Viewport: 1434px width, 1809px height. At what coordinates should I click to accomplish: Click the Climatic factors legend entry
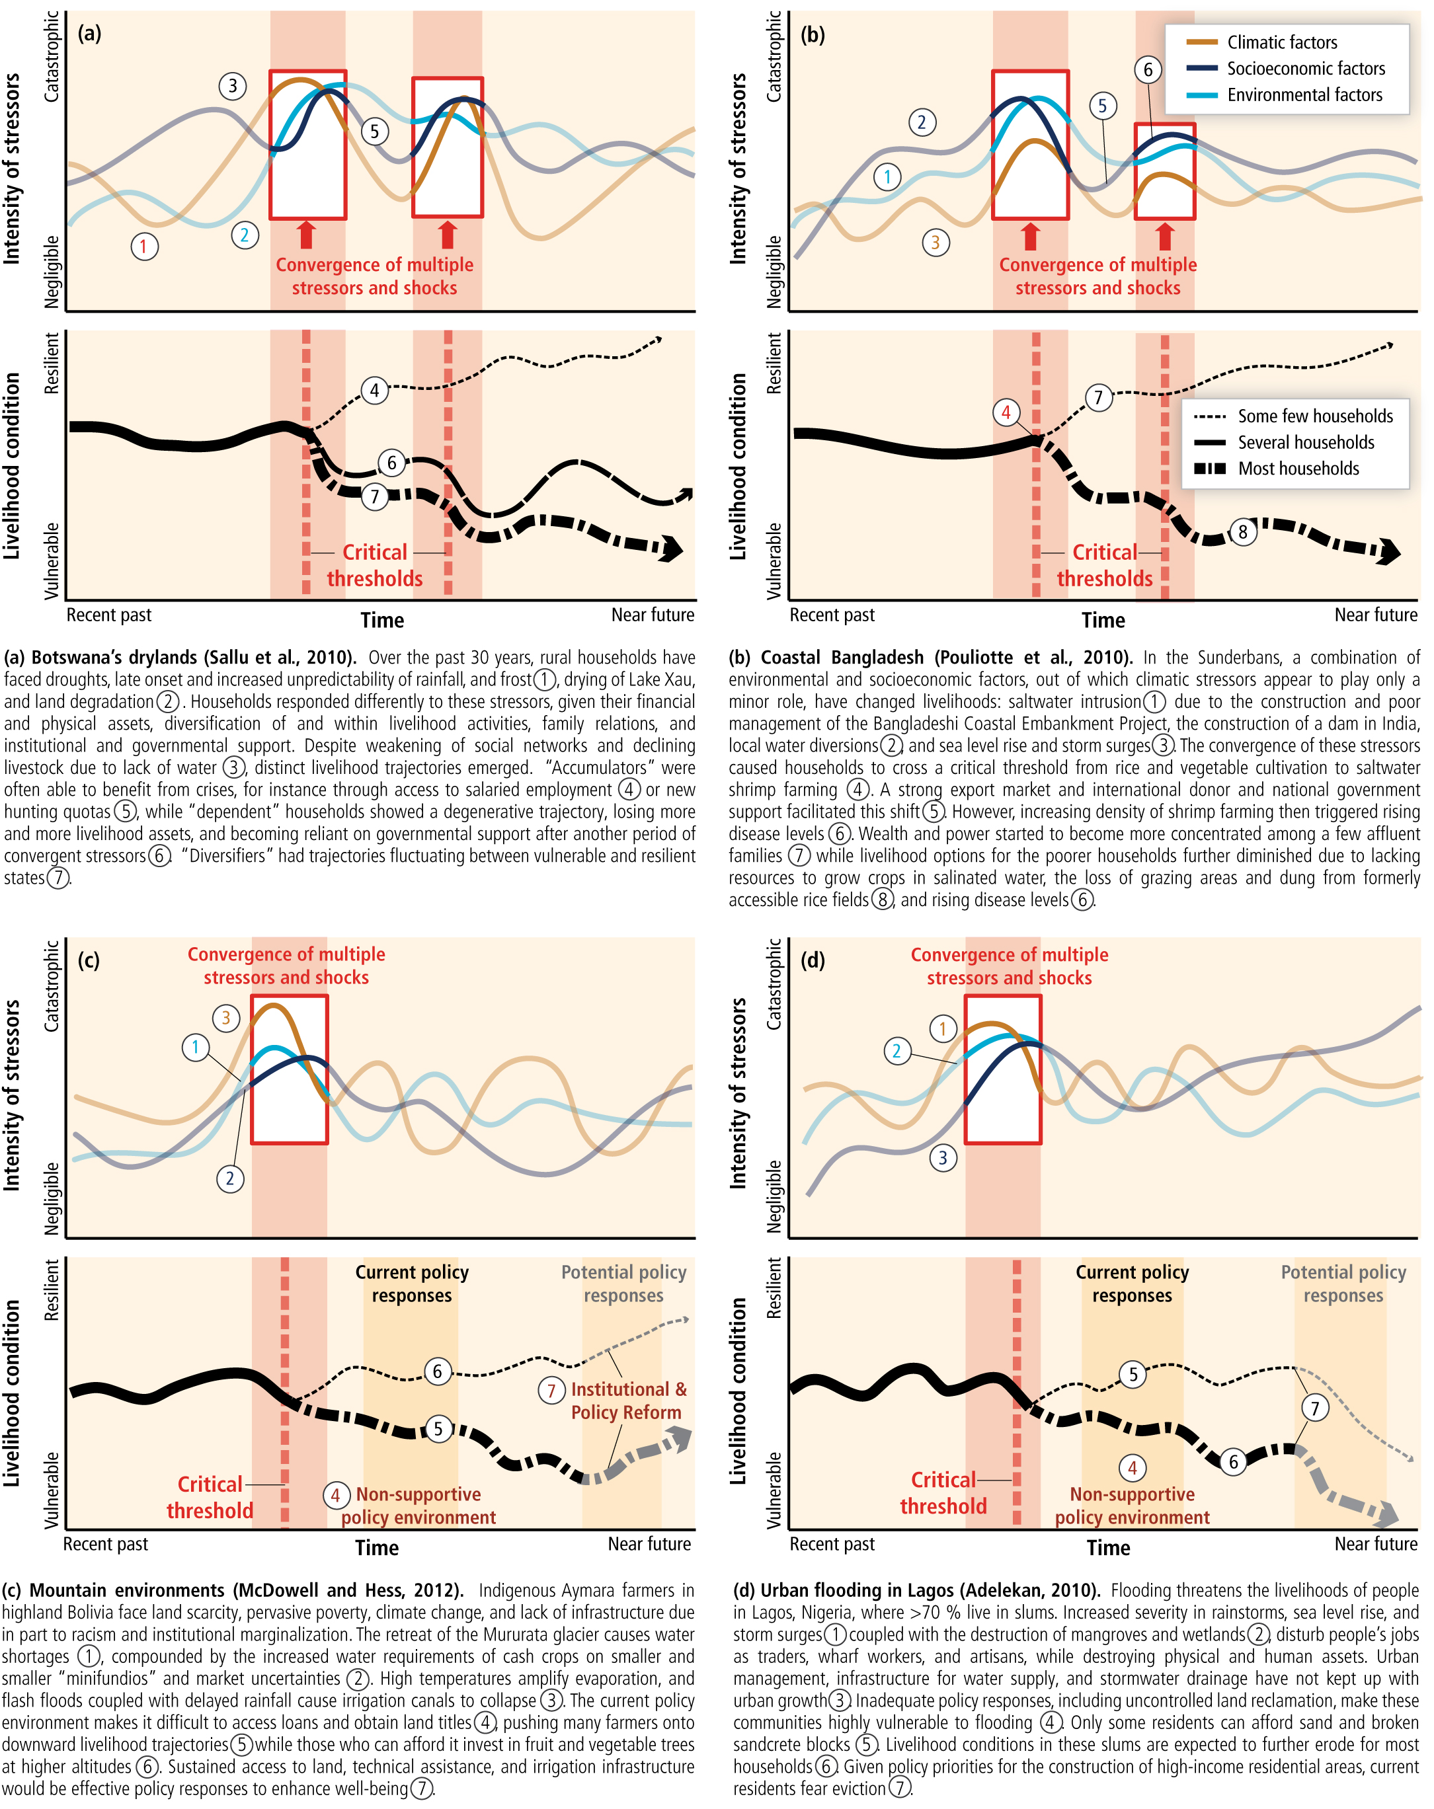point(1281,42)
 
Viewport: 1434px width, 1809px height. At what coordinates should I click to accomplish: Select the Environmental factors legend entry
point(1303,95)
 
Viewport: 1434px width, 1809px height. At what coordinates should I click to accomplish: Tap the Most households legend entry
point(1297,468)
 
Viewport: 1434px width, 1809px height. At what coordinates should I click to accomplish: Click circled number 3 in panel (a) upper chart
point(233,85)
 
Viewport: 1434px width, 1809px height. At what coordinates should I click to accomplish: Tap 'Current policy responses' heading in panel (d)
point(1131,1283)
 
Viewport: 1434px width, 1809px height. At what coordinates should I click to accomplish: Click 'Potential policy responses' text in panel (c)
point(623,1283)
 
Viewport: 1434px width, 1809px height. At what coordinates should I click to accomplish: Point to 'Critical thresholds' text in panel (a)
point(374,564)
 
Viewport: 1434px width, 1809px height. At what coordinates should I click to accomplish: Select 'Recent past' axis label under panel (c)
point(105,1543)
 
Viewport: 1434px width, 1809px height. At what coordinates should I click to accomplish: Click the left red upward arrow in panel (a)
point(306,234)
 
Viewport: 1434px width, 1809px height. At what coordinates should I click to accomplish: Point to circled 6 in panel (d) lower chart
point(1232,1461)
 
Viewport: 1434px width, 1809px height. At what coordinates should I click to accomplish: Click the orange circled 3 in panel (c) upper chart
point(225,1018)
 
